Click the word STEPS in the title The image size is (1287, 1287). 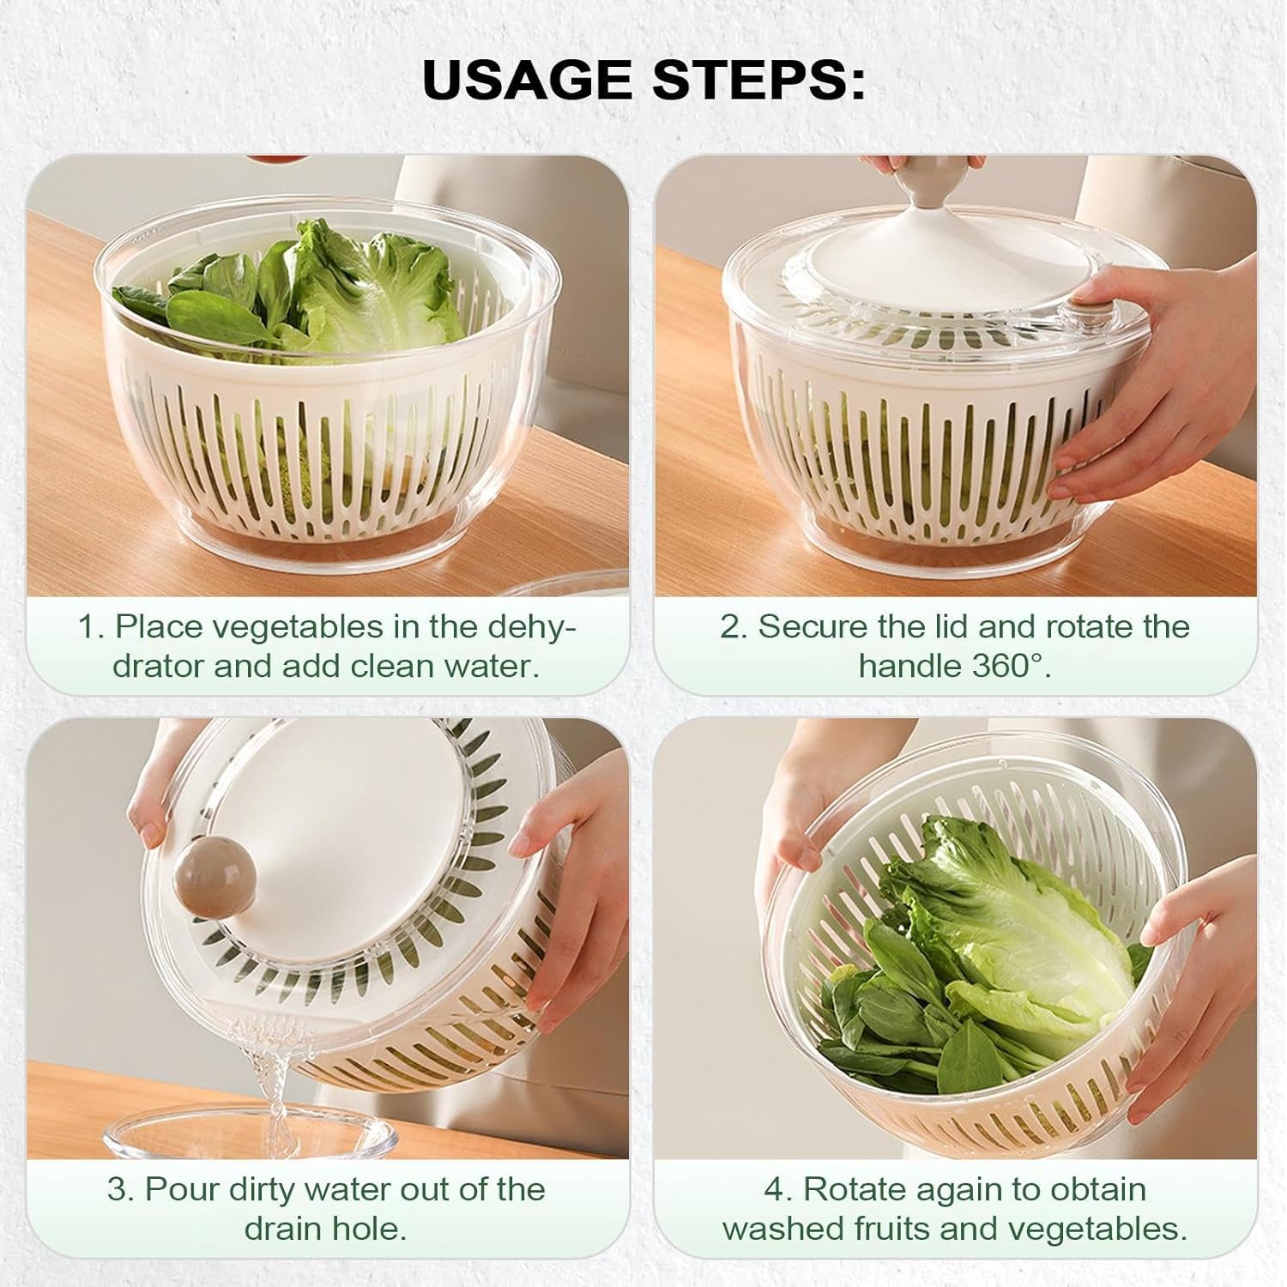[758, 80]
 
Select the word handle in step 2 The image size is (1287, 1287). [910, 666]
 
